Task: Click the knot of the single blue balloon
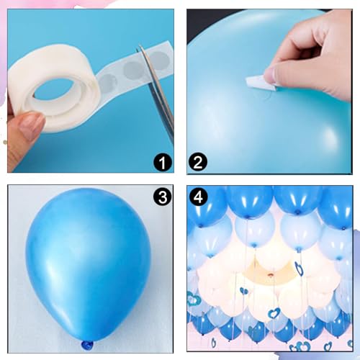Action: click(88, 346)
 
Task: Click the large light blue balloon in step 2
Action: click(238, 108)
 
